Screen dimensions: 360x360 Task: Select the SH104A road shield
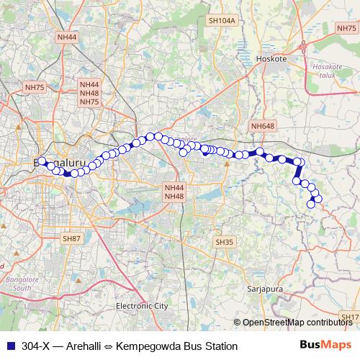click(222, 22)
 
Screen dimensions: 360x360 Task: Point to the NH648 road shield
click(263, 126)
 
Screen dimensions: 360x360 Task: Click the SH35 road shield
click(225, 242)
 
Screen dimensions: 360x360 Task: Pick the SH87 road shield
click(72, 238)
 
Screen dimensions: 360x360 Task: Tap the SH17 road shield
click(350, 317)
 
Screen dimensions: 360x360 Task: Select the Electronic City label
click(142, 306)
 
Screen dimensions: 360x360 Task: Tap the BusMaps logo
click(325, 346)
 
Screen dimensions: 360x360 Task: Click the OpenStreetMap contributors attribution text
click(297, 323)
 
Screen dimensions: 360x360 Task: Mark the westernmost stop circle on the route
click(40, 161)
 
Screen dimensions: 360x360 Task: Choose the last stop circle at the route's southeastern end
click(311, 204)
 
